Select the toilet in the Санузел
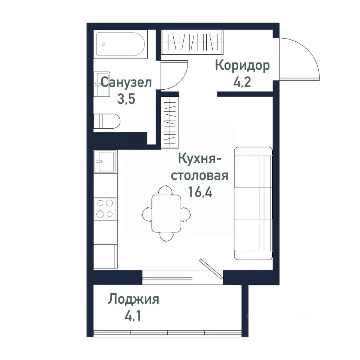[x=107, y=121]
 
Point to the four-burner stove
[x=105, y=208]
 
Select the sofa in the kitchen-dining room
[x=253, y=203]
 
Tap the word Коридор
[x=242, y=66]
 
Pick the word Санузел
[x=126, y=82]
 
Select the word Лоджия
[x=133, y=300]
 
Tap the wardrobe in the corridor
[x=192, y=42]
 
